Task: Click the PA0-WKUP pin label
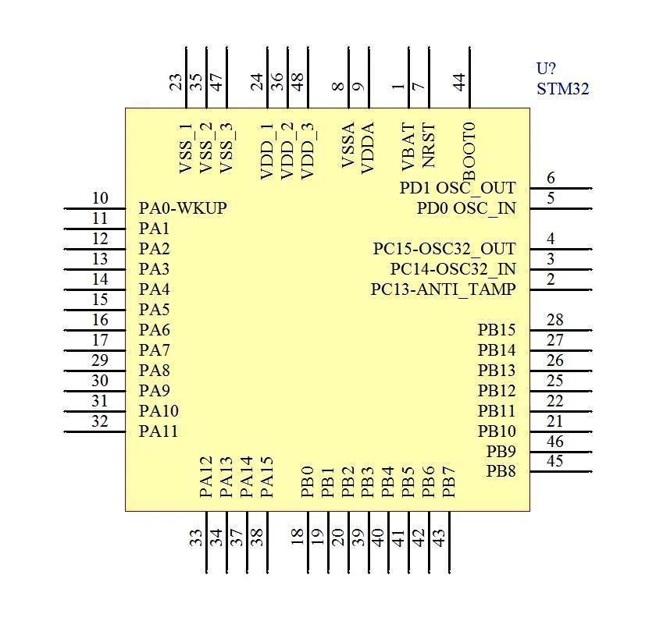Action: tap(183, 208)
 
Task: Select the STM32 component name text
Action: tap(563, 89)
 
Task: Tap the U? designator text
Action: tap(546, 69)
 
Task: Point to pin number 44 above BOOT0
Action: tap(459, 82)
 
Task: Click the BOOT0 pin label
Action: tap(469, 151)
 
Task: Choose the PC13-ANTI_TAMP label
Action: tap(443, 289)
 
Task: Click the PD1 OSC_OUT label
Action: tap(458, 187)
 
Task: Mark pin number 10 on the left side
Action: tap(100, 197)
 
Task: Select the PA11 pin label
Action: tap(159, 431)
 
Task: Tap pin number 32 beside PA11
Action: tap(100, 421)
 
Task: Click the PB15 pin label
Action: tap(497, 329)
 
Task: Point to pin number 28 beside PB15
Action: tap(554, 320)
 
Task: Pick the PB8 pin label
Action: tap(501, 471)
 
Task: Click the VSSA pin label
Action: tap(348, 145)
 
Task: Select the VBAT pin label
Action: tap(408, 147)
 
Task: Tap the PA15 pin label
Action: tap(267, 477)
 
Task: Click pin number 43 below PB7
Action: tap(439, 538)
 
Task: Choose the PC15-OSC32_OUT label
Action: tap(444, 248)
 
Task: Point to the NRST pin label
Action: tap(428, 145)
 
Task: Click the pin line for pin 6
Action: tap(561, 188)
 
